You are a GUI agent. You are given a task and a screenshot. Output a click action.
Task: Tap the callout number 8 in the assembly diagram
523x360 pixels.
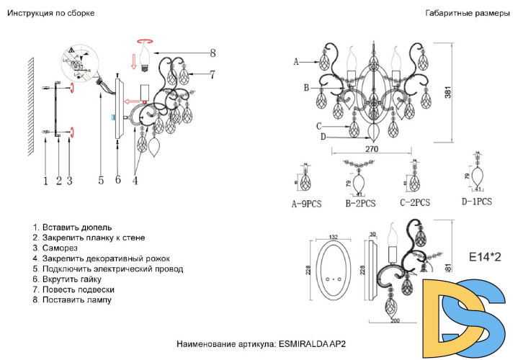click(213, 53)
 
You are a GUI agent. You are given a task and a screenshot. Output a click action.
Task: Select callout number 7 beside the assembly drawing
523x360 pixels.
click(213, 73)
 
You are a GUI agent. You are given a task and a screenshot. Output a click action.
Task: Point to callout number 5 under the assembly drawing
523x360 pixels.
click(101, 181)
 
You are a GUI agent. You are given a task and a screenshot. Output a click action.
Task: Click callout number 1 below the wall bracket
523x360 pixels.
click(45, 181)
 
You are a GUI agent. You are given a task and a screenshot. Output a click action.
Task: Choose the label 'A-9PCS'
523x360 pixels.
click(306, 204)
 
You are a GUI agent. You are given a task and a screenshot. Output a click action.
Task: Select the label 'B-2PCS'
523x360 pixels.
click(360, 204)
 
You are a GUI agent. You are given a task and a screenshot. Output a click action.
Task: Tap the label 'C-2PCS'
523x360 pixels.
click(414, 204)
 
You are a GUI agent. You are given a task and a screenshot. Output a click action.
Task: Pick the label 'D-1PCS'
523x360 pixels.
click(476, 202)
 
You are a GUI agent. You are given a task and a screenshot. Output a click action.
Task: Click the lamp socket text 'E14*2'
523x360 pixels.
click(484, 256)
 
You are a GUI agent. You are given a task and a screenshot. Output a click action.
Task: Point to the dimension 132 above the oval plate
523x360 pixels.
click(333, 237)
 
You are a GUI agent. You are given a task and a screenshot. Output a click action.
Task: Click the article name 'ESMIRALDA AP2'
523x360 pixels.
click(312, 344)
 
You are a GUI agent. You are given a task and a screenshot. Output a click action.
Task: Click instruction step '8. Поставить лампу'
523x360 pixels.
click(72, 300)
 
